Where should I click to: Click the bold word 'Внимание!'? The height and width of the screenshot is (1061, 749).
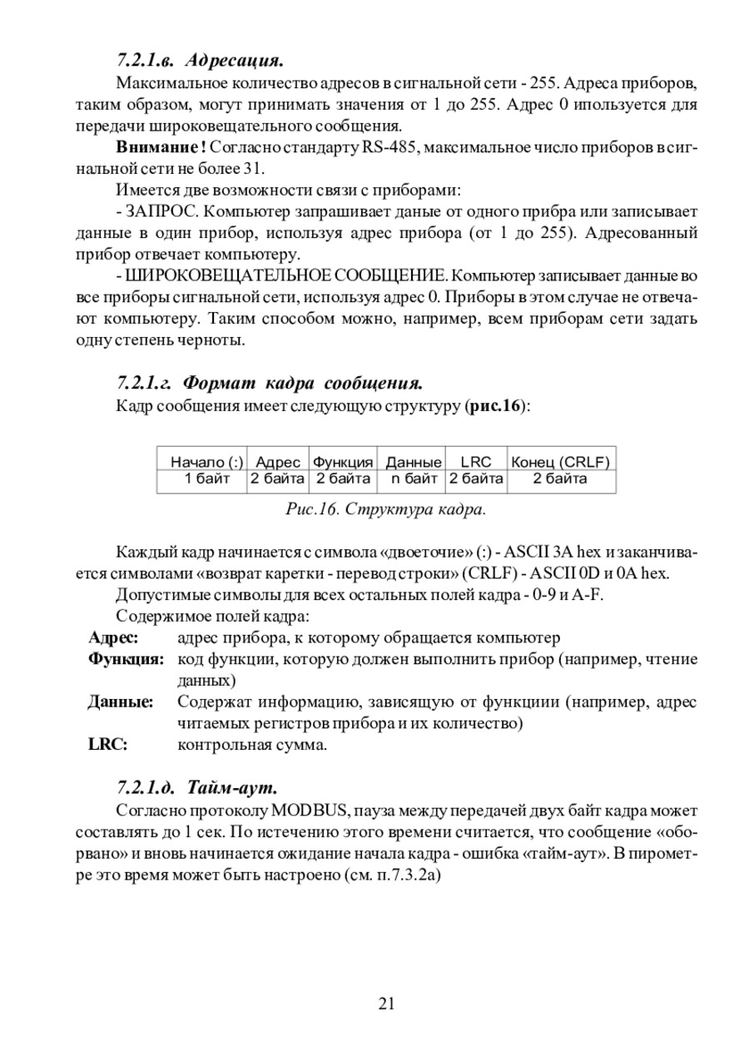(161, 147)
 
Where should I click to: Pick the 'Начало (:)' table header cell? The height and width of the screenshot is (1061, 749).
(203, 462)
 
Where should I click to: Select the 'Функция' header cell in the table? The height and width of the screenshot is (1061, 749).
(343, 462)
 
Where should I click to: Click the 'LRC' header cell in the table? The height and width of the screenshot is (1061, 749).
(476, 462)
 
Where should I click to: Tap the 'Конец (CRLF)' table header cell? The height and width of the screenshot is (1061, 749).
(560, 462)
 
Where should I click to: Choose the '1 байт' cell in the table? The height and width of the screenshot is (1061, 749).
(203, 478)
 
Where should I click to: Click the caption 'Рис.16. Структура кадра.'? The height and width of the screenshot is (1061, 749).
(385, 508)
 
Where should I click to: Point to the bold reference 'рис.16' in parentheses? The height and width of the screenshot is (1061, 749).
(497, 407)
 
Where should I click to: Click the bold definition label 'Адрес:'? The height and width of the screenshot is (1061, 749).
(113, 637)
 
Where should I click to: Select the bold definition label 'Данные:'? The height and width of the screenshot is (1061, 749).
(121, 702)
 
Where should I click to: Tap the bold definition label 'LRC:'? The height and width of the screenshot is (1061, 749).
(107, 745)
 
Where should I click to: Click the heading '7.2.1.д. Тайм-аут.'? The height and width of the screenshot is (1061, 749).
(196, 786)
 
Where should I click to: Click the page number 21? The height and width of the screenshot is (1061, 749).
(386, 1004)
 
